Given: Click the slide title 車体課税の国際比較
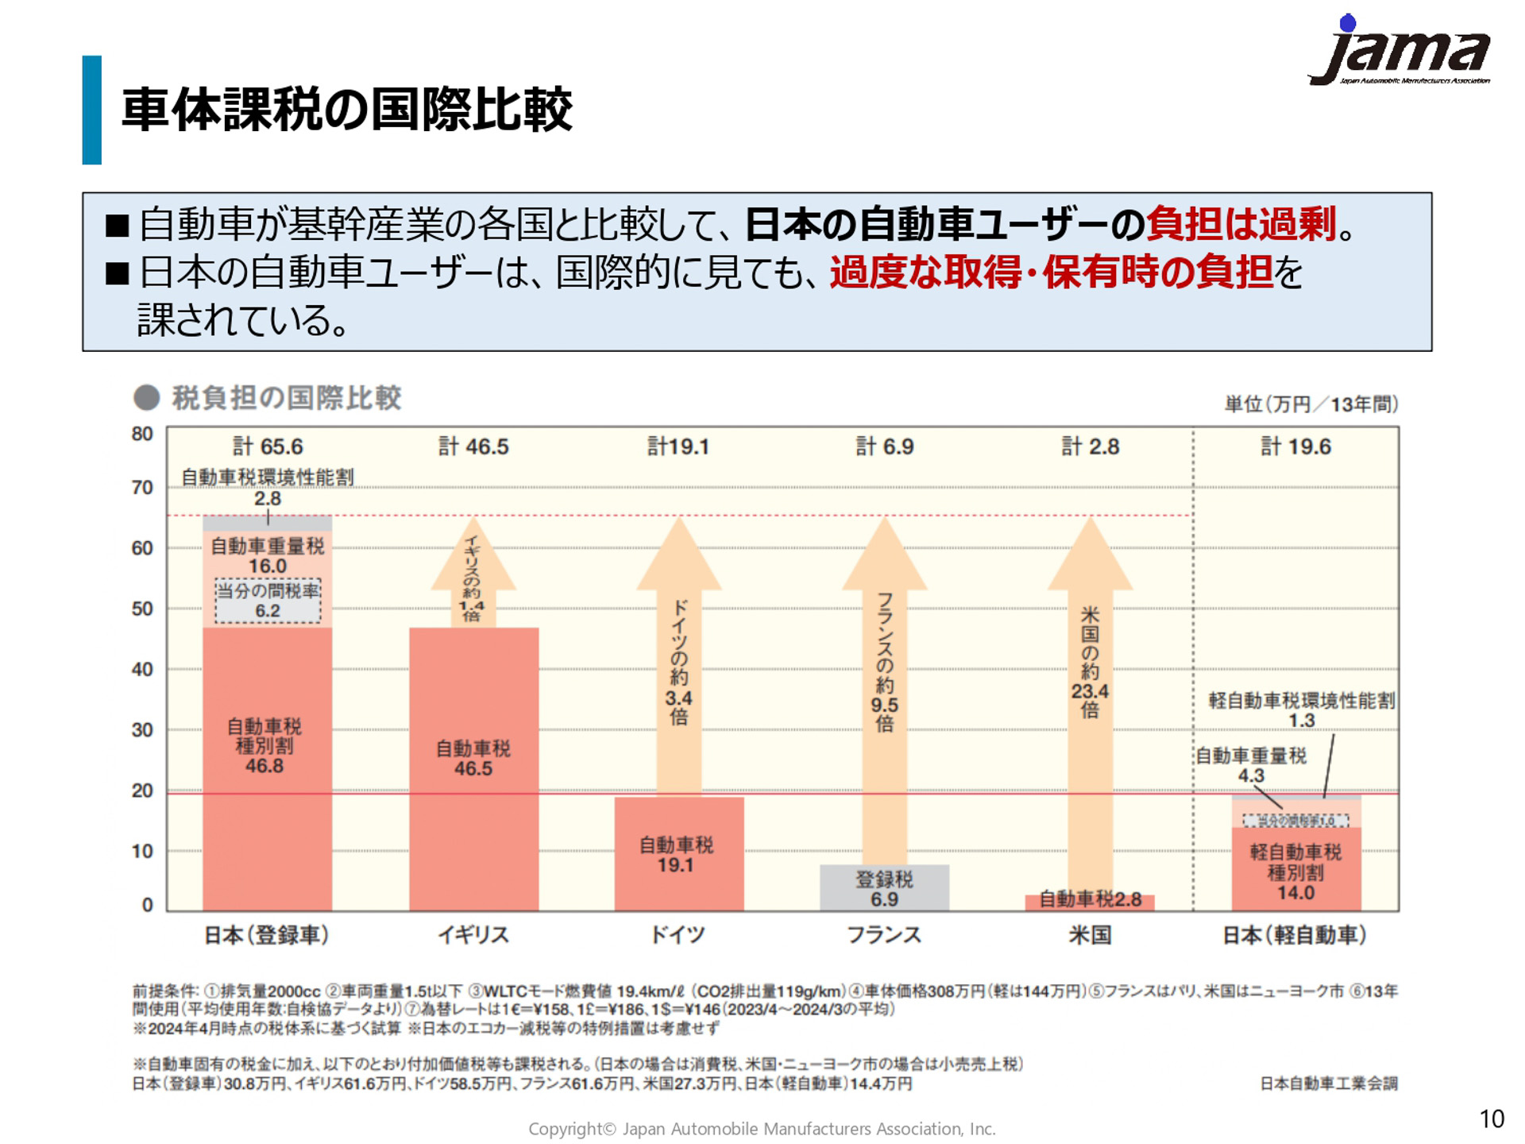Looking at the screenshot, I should click(346, 110).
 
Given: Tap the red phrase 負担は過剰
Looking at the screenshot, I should click(1241, 224).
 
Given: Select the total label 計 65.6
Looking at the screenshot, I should click(268, 446).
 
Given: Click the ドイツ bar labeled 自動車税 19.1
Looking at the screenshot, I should click(678, 854).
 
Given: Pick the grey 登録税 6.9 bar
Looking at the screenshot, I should click(884, 888).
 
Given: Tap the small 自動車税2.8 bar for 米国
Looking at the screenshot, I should click(1090, 900).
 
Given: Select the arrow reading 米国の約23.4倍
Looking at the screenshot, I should click(1090, 659).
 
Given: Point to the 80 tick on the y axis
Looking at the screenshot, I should click(142, 435).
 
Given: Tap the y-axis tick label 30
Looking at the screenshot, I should click(142, 730).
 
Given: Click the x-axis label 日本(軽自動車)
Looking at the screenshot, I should click(1295, 935).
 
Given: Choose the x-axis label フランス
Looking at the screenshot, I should click(884, 935).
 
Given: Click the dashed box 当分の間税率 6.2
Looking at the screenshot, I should click(268, 601).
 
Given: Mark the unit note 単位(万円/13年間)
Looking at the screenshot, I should click(1311, 404).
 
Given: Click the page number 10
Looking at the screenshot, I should click(1491, 1119).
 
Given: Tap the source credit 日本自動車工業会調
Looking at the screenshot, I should click(1328, 1084).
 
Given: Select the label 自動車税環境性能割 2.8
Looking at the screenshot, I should click(268, 486).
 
